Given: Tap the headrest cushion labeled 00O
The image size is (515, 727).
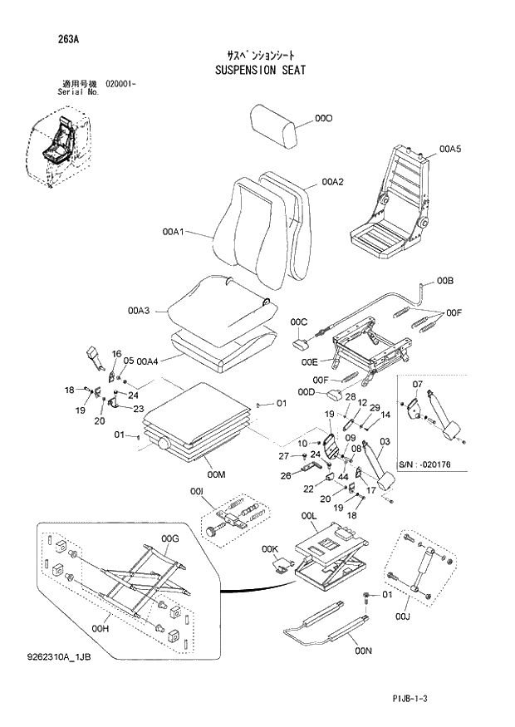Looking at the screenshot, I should (275, 125).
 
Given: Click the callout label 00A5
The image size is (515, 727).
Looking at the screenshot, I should (449, 149).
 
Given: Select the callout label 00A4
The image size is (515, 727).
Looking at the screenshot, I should (148, 361).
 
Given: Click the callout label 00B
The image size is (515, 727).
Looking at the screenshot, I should (445, 281).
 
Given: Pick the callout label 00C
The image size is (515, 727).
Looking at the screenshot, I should (299, 322).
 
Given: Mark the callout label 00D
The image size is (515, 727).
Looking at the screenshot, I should (306, 391).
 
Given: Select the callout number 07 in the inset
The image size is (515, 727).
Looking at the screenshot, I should (418, 384).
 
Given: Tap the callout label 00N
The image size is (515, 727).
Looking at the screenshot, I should (362, 650).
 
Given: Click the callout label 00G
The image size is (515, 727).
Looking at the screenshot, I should (170, 538).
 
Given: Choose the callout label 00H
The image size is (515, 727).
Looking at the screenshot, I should (101, 629).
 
